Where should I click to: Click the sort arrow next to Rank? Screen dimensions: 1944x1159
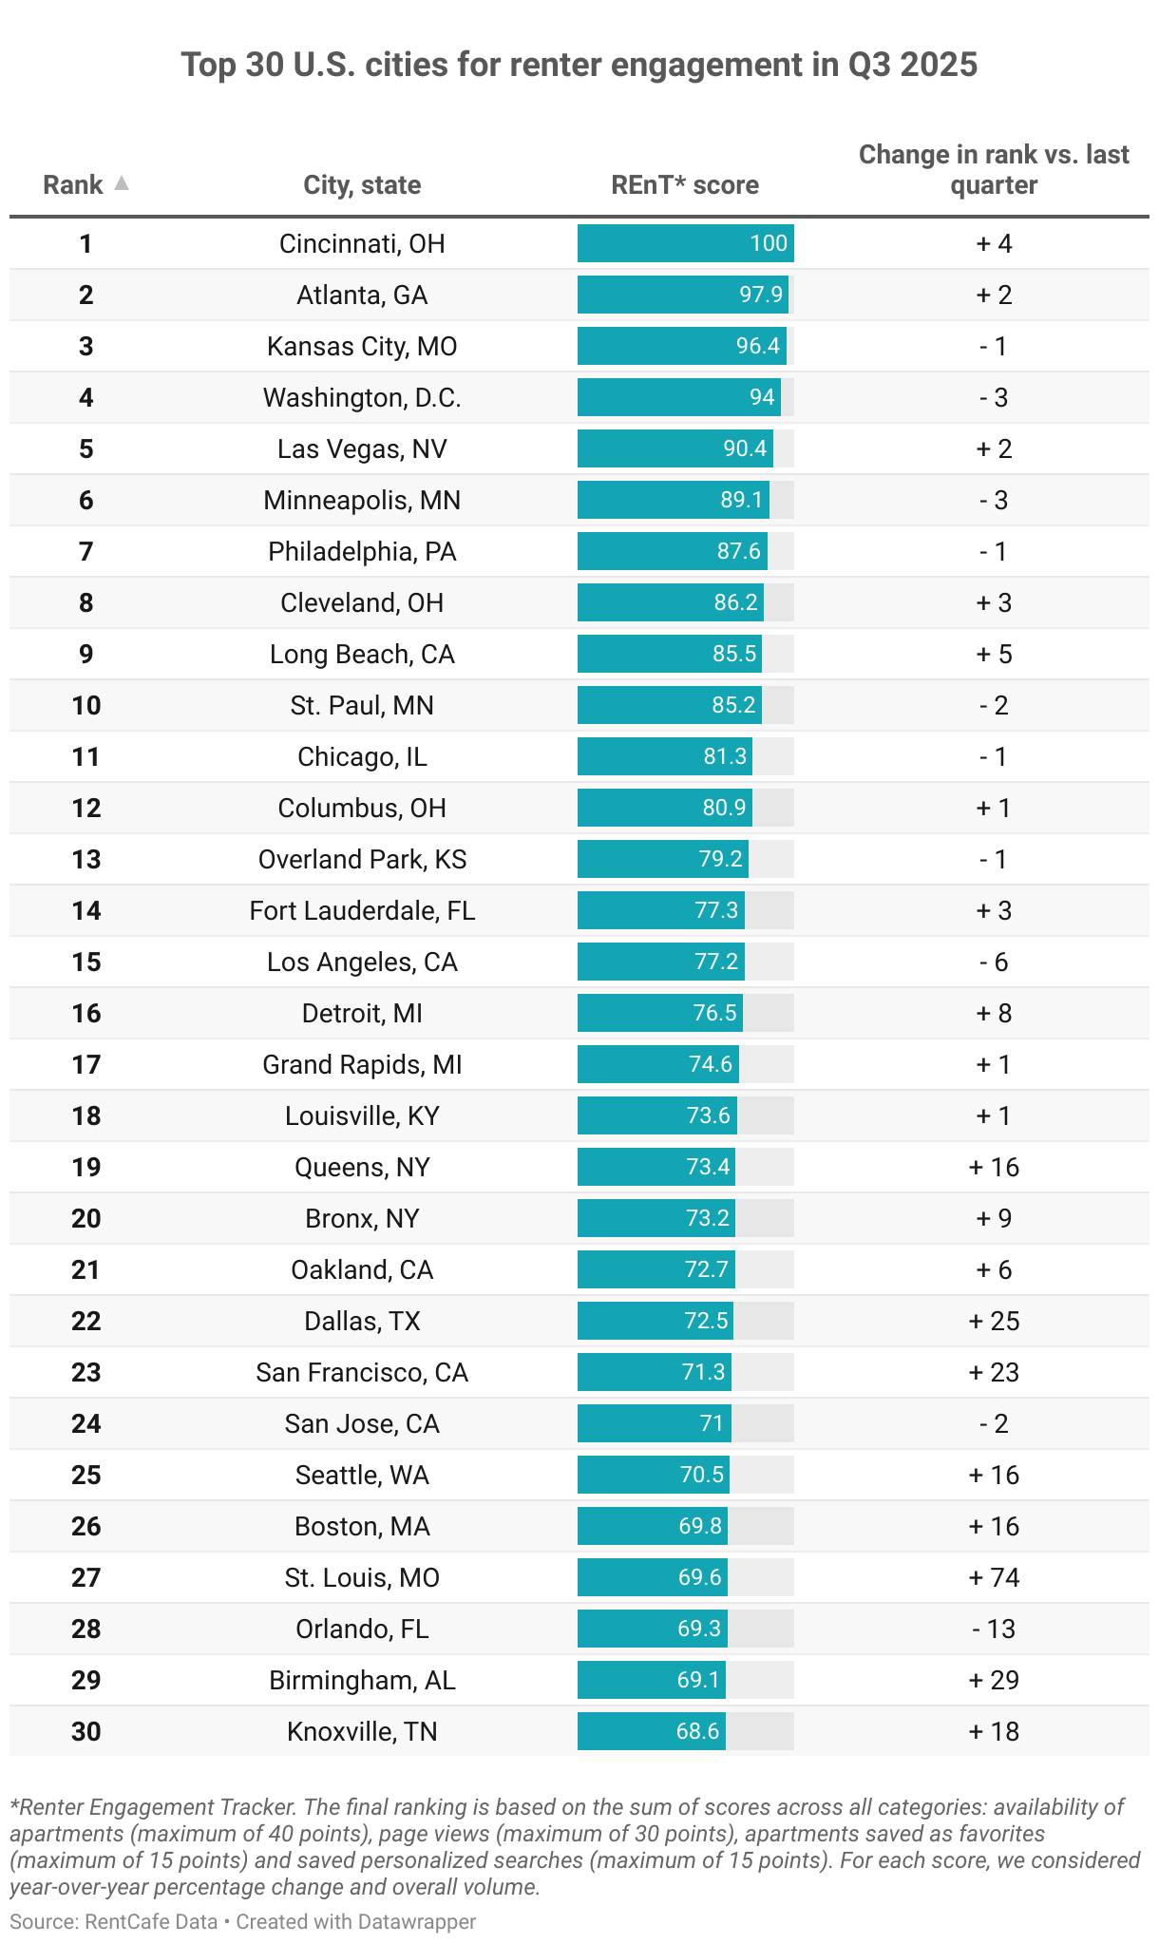pos(121,183)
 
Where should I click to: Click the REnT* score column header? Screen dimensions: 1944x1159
pos(685,185)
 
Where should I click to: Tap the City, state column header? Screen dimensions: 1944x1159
pos(362,185)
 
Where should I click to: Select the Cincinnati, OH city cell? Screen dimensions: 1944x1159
pos(362,244)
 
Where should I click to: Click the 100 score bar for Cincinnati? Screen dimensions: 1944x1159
pos(685,244)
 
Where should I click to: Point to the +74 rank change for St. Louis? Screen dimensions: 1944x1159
pos(994,1578)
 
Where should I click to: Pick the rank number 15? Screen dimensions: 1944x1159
pos(86,962)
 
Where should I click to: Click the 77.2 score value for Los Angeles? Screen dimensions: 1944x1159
pos(716,962)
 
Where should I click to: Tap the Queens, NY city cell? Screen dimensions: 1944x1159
pos(362,1168)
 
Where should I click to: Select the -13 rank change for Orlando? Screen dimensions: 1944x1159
pos(994,1630)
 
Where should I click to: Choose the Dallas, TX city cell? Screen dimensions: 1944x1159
pos(362,1322)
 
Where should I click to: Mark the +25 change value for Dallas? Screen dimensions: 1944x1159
pos(994,1322)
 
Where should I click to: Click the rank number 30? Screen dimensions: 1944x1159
pos(86,1732)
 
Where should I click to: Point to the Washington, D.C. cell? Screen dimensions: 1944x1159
pos(362,398)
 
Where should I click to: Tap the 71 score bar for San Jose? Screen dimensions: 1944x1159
pos(655,1424)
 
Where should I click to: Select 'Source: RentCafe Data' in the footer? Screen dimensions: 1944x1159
pos(113,1921)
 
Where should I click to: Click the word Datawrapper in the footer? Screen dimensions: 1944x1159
pos(417,1921)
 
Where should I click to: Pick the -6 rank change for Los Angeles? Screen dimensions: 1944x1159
pos(994,962)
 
